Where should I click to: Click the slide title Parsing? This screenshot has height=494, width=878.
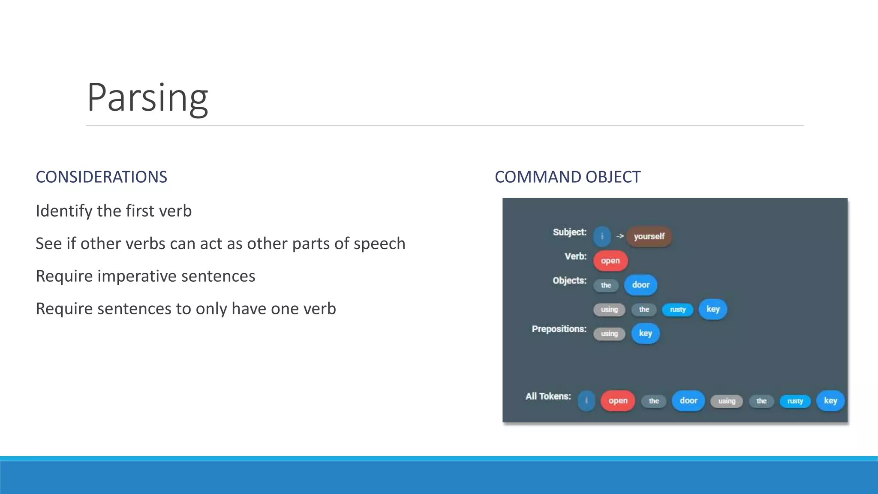147,97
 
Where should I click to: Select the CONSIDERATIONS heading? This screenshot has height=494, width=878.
101,177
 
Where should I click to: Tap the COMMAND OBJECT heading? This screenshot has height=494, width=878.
567,177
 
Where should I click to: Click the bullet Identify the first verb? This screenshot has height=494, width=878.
114,211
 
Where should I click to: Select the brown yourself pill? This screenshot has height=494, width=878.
649,236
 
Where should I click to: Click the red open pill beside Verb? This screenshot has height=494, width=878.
610,261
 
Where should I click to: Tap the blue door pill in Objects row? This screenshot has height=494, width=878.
640,285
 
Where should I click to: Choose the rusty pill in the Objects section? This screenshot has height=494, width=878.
677,310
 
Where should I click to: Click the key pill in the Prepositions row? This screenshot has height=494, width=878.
645,333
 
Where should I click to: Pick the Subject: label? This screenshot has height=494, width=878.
569,232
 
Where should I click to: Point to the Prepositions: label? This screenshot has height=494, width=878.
559,329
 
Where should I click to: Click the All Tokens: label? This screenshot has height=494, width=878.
548,396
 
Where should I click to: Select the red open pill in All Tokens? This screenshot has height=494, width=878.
617,401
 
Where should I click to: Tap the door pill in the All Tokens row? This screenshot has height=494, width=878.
688,401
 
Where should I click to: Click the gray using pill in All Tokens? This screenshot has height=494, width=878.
727,401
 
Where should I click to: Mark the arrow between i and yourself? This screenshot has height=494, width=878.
620,236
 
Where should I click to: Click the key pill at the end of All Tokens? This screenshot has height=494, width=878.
830,401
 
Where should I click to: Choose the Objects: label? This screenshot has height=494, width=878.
569,280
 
